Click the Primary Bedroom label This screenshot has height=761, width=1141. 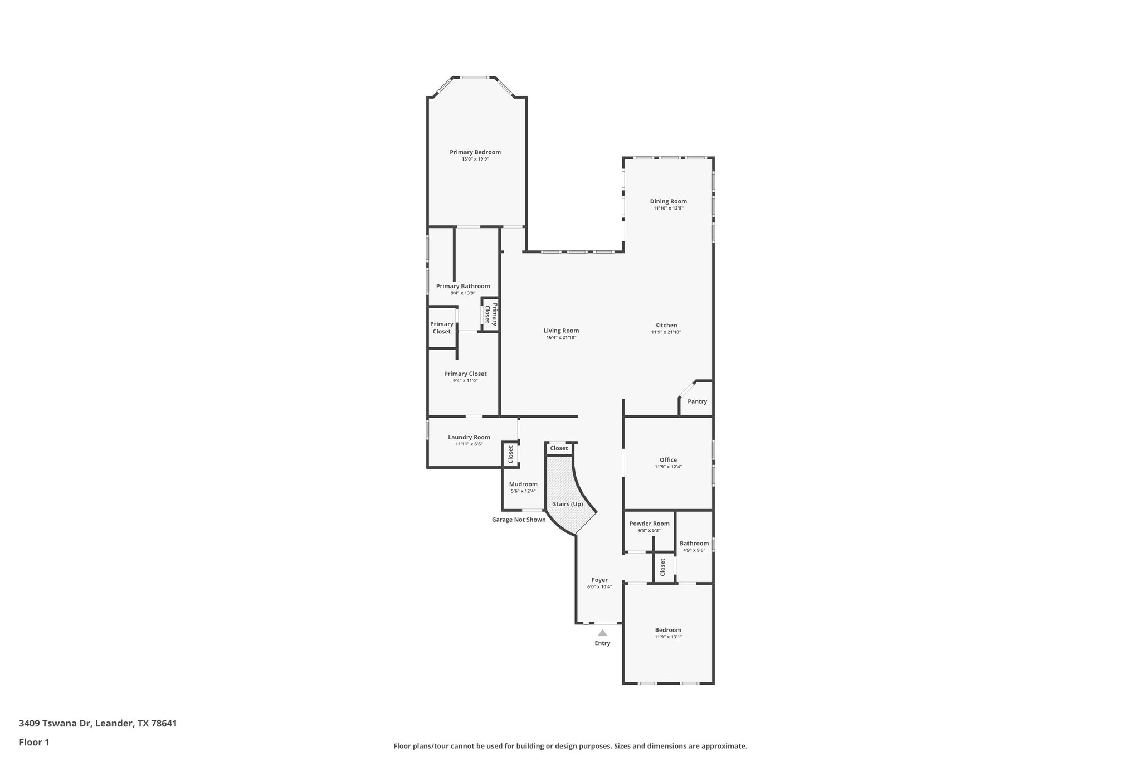475,152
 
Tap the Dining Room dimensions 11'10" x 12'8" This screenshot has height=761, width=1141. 668,209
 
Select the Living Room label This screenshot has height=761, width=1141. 561,331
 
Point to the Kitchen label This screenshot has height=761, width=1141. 666,326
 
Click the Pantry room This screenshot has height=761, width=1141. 697,401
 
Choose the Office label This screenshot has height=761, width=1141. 668,460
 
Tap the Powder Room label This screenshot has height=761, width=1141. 649,524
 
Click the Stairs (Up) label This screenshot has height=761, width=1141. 568,504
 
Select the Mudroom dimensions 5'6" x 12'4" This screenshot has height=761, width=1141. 523,491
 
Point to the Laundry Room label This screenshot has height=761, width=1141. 469,437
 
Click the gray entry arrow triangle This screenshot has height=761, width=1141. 602,633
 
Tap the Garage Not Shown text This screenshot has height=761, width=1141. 518,520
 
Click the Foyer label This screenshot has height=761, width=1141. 599,580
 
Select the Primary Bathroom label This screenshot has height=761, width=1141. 463,286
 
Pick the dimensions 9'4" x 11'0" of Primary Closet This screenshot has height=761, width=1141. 465,381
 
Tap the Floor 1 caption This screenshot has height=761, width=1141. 34,742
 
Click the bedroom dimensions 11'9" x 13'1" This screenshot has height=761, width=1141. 668,637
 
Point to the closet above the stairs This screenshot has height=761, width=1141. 559,448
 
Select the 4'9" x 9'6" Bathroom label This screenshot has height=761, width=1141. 694,544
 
